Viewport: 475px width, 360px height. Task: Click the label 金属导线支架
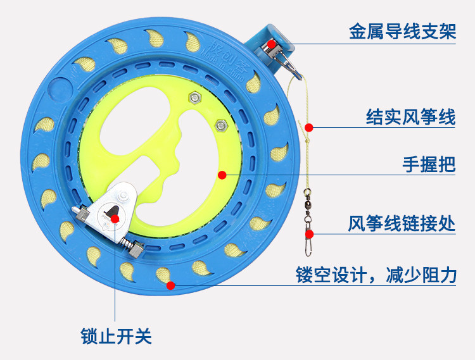coord(402,32)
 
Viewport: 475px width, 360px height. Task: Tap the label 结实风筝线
coord(410,116)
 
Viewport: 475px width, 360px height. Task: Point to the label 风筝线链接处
coord(402,224)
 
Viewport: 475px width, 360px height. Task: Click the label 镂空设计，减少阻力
coord(376,275)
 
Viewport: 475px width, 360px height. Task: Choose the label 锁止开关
coord(117,335)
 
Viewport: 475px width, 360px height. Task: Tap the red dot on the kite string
coord(309,127)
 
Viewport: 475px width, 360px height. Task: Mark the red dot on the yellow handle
coord(222,175)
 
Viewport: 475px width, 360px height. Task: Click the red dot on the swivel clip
coord(310,233)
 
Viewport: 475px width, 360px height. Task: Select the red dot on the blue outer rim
coord(170,285)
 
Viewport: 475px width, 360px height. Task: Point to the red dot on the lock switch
coord(115,219)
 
